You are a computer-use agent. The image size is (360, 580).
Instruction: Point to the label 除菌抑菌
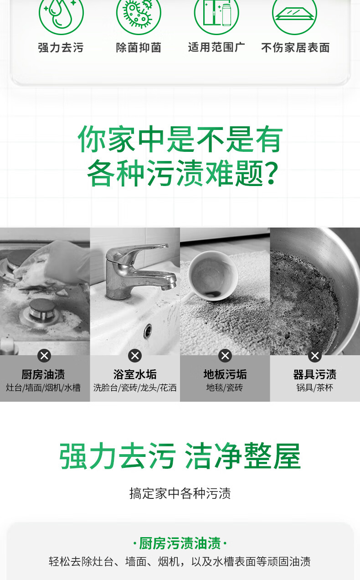(x=139, y=47)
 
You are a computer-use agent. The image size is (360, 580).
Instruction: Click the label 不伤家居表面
(x=295, y=47)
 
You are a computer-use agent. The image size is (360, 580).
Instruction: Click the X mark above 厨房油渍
(x=44, y=356)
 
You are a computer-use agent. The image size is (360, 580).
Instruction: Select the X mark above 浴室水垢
(x=135, y=356)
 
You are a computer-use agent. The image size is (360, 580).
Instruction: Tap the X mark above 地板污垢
(x=225, y=356)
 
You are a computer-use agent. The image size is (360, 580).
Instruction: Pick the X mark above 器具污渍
(x=315, y=356)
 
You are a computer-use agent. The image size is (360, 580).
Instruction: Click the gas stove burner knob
(x=41, y=310)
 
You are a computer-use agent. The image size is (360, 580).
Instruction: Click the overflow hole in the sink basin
(x=148, y=331)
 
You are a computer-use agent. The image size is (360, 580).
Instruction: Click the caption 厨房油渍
(x=43, y=374)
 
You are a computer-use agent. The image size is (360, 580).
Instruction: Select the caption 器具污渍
(x=315, y=374)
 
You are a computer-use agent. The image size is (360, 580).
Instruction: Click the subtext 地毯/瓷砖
(x=225, y=388)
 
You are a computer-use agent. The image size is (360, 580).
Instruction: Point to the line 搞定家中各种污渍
(x=180, y=493)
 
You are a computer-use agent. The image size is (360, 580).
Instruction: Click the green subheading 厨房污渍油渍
(x=180, y=543)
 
